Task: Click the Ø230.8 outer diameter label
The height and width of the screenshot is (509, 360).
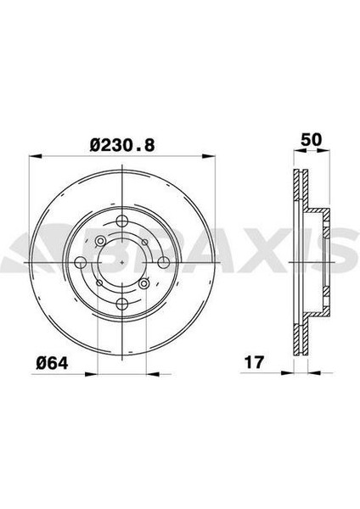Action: [x=122, y=145]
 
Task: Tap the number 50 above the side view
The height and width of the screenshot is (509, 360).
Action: [x=311, y=140]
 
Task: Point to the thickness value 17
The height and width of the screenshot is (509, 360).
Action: [x=255, y=362]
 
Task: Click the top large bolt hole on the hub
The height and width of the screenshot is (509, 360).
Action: [x=122, y=221]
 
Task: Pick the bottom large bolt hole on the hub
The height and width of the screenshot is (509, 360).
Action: [x=122, y=304]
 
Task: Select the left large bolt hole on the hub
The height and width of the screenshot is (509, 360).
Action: [x=81, y=262]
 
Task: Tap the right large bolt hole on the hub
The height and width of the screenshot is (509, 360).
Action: [x=163, y=262]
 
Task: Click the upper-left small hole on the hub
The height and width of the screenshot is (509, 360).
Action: [x=100, y=241]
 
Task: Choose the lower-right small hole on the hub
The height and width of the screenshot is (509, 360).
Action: [x=143, y=283]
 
